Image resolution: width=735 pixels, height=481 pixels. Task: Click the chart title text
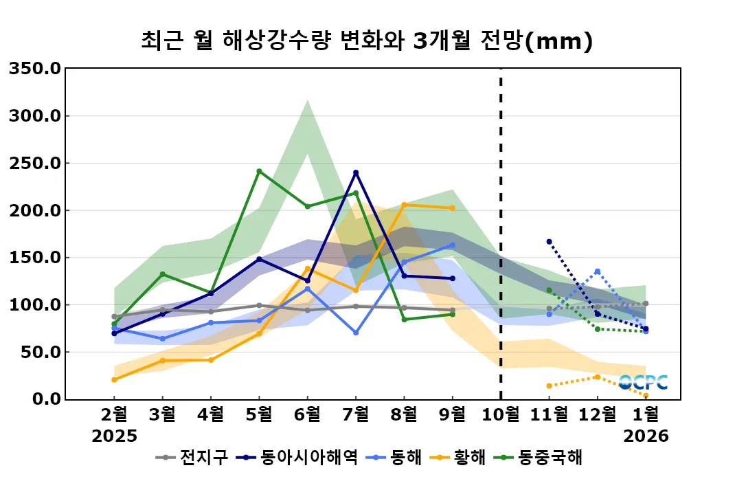[x=367, y=41]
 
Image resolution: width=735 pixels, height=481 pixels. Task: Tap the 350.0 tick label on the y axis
[x=35, y=69]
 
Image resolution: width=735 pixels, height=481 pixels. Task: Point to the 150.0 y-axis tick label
[x=35, y=258]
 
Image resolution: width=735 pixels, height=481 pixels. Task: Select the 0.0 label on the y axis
[x=45, y=399]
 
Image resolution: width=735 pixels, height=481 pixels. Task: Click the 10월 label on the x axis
[x=500, y=415]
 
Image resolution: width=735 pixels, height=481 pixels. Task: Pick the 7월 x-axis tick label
[x=355, y=415]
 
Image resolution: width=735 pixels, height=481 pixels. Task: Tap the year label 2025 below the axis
[x=114, y=436]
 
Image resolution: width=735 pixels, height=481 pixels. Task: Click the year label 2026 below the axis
[x=646, y=436]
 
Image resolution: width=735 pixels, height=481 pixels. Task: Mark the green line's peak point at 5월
[x=259, y=171]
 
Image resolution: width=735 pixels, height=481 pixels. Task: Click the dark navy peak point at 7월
[x=356, y=172]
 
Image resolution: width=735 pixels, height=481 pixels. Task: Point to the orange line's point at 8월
[x=404, y=205]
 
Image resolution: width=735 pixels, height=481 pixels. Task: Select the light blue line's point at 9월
[x=452, y=245]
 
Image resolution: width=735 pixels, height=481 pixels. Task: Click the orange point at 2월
[x=114, y=379]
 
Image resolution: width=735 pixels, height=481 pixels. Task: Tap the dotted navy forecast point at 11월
[x=549, y=241]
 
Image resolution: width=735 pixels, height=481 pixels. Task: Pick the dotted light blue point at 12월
[x=597, y=271]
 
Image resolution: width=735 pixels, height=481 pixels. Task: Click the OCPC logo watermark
[x=643, y=383]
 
